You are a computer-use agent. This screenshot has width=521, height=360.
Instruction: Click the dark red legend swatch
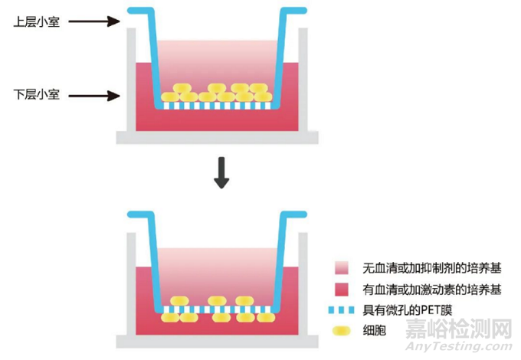342,290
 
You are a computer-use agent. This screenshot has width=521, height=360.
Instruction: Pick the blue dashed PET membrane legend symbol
342,311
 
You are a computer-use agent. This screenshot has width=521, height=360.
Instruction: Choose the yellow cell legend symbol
342,332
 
